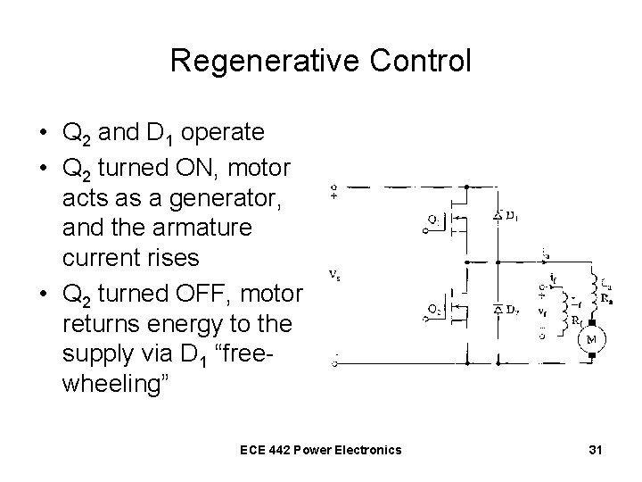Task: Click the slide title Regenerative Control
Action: point(320,61)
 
